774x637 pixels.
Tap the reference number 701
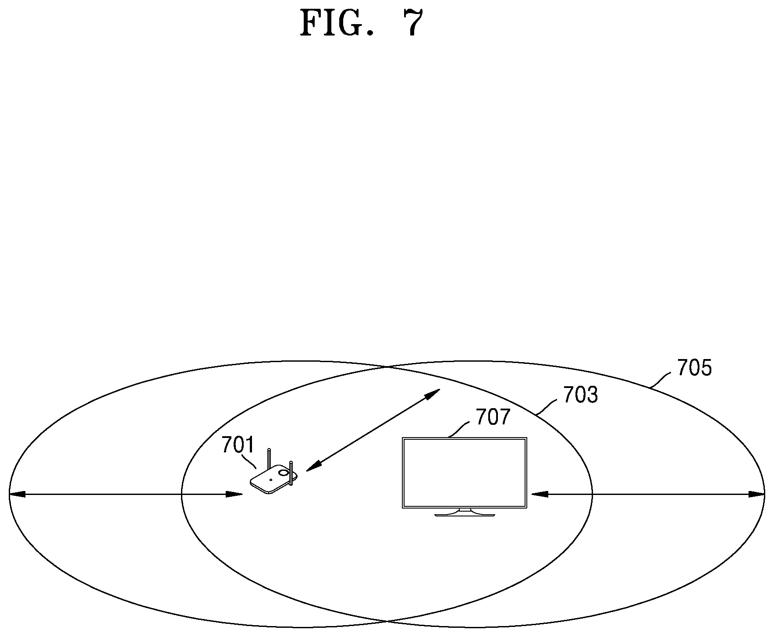[x=238, y=445]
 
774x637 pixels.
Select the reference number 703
[x=580, y=395]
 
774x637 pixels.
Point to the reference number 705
[x=695, y=368]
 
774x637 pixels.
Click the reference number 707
[x=494, y=417]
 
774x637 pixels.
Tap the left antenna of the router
[x=270, y=458]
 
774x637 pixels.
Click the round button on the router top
[x=284, y=473]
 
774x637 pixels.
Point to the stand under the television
[x=465, y=512]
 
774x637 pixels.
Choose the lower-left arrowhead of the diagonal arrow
[x=313, y=466]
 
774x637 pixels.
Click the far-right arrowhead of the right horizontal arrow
[x=756, y=494]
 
